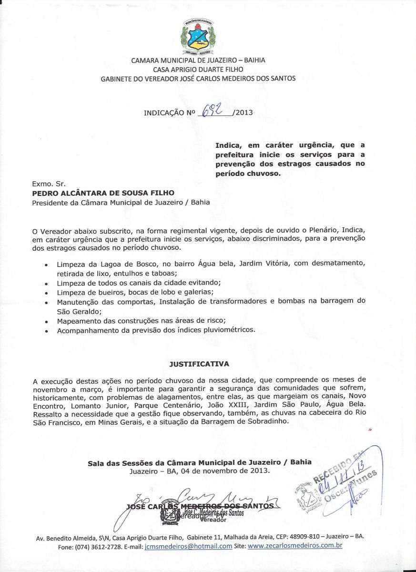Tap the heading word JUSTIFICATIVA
click(x=199, y=364)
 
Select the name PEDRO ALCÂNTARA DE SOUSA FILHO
click(x=103, y=193)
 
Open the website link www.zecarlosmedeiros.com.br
click(x=295, y=546)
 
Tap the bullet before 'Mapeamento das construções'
click(x=46, y=321)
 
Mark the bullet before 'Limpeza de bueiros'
click(x=46, y=293)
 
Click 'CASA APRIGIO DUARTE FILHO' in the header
click(x=198, y=69)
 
